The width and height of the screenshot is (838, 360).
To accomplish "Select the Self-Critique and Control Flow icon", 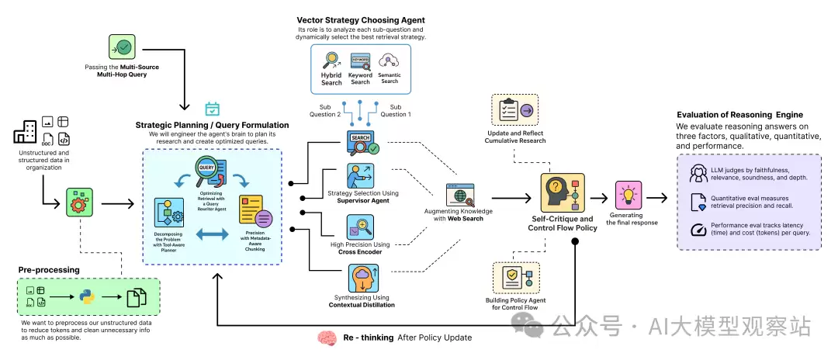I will (562, 194).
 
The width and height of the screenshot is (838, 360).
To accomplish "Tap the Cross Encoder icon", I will (361, 227).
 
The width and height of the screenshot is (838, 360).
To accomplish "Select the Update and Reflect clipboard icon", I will (514, 110).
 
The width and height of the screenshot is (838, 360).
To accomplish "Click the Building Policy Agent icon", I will (514, 278).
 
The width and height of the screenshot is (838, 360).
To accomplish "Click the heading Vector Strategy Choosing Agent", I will (361, 19).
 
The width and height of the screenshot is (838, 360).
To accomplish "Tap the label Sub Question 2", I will (330, 110).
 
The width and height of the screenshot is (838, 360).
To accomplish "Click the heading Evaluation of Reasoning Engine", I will (739, 115).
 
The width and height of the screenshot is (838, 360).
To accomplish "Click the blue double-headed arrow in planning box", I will (212, 233).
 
